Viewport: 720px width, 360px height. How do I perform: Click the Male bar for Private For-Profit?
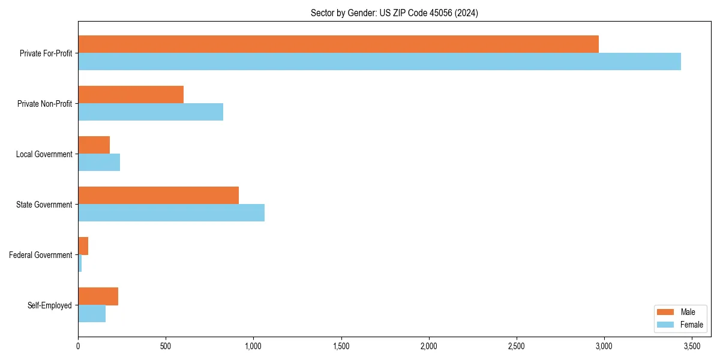tap(338, 44)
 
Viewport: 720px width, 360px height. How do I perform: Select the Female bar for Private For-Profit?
tap(379, 61)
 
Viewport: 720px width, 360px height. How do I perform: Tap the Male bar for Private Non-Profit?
tap(131, 94)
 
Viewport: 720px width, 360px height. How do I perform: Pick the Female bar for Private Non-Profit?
tap(151, 112)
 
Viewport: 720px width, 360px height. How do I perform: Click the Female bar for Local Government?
tap(99, 162)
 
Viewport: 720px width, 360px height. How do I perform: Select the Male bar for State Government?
tap(158, 195)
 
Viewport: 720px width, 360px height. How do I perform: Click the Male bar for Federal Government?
tap(83, 245)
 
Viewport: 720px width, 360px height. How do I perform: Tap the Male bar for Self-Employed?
tap(98, 296)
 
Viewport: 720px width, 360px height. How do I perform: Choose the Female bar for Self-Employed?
tap(92, 313)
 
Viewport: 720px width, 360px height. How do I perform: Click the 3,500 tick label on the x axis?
tap(692, 346)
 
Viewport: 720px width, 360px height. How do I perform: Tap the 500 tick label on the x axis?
tap(166, 346)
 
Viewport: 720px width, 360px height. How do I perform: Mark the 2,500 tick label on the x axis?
tap(517, 346)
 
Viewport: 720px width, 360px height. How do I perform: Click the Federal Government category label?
tap(41, 255)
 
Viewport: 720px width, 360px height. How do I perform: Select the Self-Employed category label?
tap(50, 305)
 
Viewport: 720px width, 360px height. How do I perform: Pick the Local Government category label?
tap(44, 154)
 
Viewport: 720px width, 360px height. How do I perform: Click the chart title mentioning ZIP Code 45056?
tap(394, 13)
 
